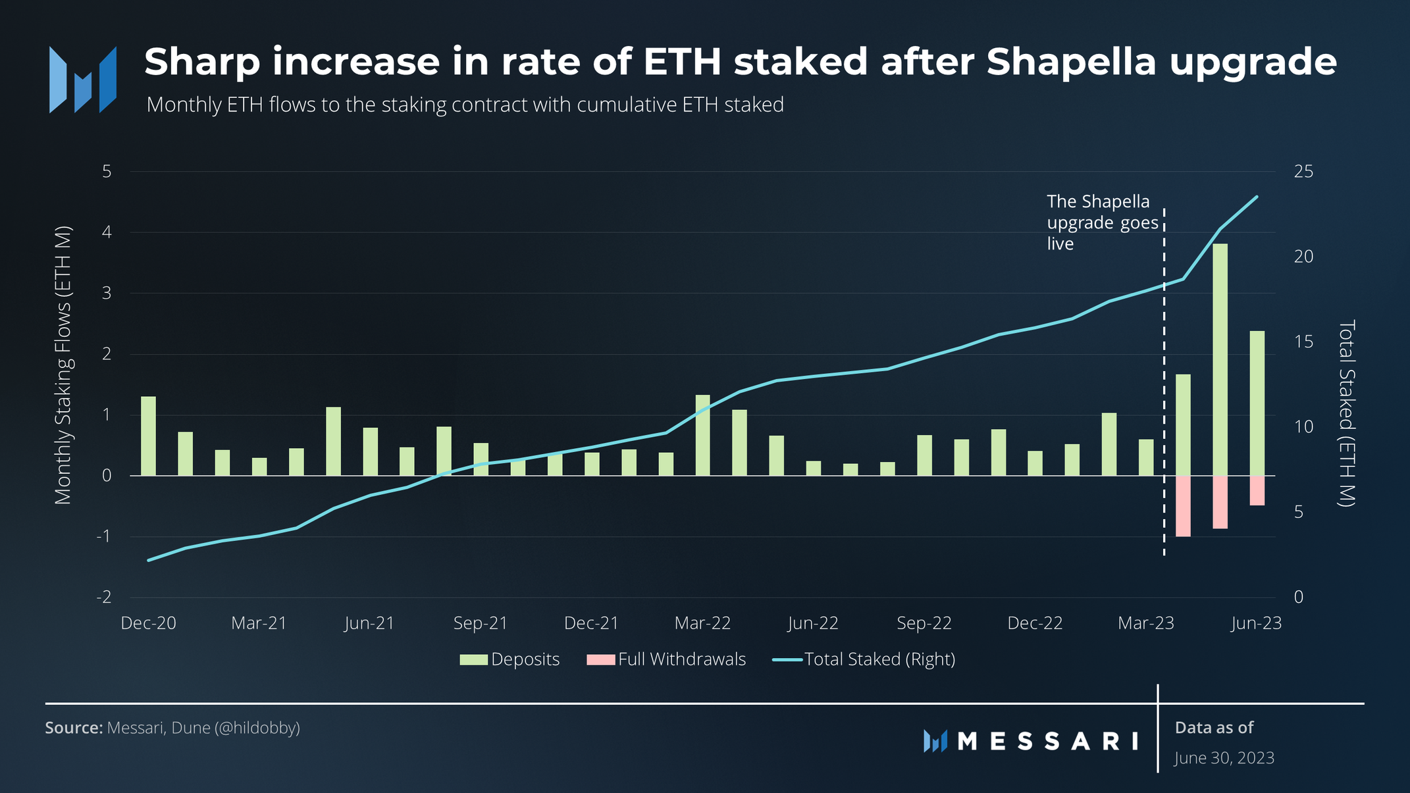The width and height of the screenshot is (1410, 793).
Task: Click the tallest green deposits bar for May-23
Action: [x=1220, y=359]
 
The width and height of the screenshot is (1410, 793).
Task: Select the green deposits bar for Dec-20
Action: [x=148, y=436]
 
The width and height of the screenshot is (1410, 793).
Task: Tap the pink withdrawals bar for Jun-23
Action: [x=1257, y=490]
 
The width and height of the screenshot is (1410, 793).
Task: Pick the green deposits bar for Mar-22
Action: [x=702, y=435]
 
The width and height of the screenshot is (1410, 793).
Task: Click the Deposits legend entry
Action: [x=510, y=659]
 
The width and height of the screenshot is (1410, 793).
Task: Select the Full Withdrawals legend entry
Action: [x=666, y=659]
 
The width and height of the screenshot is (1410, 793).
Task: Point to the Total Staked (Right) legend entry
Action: [x=864, y=659]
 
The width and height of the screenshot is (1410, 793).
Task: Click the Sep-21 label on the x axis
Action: [x=481, y=623]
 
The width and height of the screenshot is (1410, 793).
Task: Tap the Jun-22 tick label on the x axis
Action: [x=813, y=623]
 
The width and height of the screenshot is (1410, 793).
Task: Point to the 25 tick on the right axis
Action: [x=1303, y=172]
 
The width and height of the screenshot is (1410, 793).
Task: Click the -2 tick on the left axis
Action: [x=104, y=598]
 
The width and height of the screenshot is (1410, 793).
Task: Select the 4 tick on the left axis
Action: [x=107, y=232]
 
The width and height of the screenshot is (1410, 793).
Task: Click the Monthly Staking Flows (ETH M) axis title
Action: [x=63, y=366]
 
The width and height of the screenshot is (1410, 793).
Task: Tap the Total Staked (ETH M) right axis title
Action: [x=1347, y=413]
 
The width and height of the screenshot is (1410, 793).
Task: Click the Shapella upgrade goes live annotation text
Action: [x=1101, y=222]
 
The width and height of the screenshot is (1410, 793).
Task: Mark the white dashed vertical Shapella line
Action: [x=1164, y=395]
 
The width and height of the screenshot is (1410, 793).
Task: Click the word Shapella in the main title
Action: [x=1071, y=62]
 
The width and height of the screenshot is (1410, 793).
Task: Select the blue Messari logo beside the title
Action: [x=83, y=80]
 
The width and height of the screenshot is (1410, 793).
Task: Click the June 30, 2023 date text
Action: [x=1224, y=758]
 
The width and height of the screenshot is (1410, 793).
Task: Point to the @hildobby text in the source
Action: [x=257, y=728]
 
